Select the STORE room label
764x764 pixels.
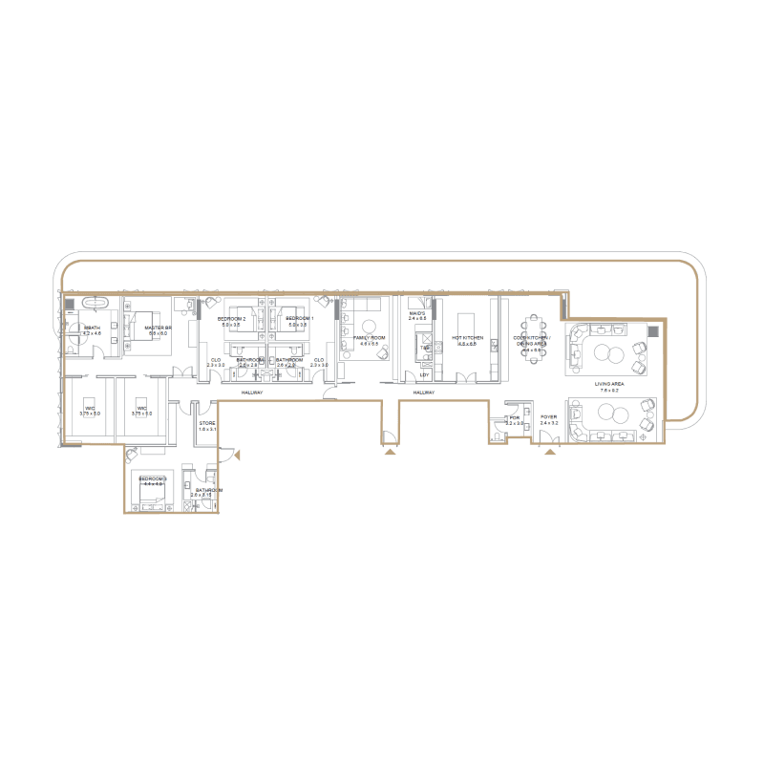click(x=207, y=423)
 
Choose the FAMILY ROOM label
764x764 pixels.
click(x=369, y=337)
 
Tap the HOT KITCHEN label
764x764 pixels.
click(x=468, y=338)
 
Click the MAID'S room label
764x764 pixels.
click(x=416, y=313)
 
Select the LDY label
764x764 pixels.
click(x=424, y=375)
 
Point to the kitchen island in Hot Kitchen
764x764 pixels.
click(x=468, y=322)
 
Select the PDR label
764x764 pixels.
click(x=513, y=417)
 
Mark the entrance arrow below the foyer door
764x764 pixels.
click(x=549, y=453)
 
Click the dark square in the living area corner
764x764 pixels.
click(x=653, y=331)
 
